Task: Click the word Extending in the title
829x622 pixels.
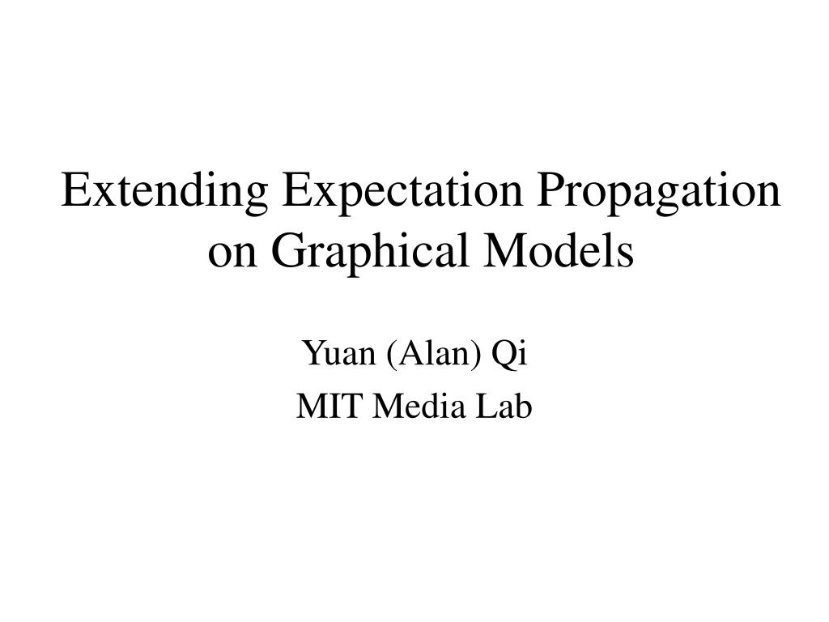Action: pyautogui.click(x=164, y=193)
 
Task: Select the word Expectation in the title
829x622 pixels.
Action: pyautogui.click(x=402, y=193)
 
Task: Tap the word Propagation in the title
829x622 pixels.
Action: pyautogui.click(x=659, y=193)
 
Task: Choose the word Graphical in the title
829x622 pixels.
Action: pyautogui.click(x=370, y=253)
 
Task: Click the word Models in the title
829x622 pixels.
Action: pyautogui.click(x=559, y=249)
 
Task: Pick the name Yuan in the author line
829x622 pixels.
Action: pyautogui.click(x=339, y=353)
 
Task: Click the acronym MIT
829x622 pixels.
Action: pyautogui.click(x=329, y=407)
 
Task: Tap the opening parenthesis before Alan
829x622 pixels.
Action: pyautogui.click(x=391, y=355)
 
